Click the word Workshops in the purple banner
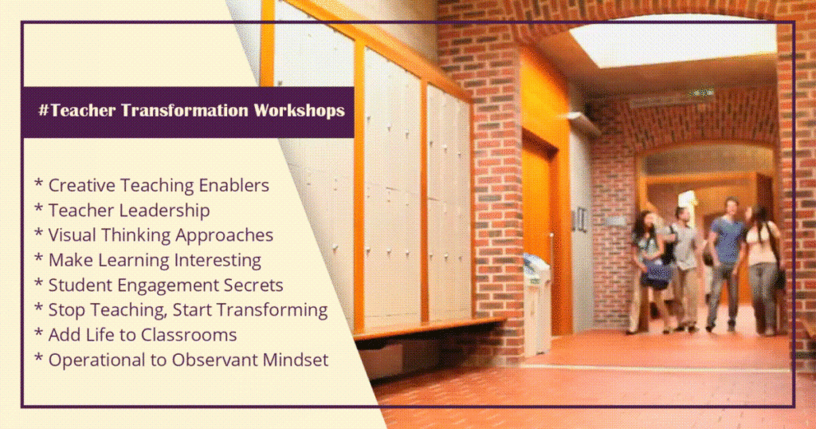300,110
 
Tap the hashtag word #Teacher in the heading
77,110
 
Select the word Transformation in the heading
185,110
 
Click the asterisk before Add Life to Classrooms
38,333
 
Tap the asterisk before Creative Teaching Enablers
38,183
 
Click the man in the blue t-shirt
725,264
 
